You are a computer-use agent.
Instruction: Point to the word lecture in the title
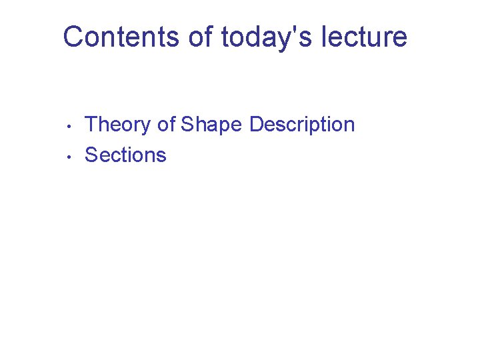(x=364, y=37)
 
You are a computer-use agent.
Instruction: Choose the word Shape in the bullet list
(x=212, y=125)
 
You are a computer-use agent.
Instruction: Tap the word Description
(x=302, y=125)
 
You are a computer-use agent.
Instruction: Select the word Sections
(x=125, y=155)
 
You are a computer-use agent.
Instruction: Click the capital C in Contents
(x=73, y=37)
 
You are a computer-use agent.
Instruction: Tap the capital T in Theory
(x=92, y=125)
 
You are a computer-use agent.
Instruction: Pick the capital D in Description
(x=257, y=125)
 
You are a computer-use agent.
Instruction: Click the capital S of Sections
(x=92, y=155)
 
